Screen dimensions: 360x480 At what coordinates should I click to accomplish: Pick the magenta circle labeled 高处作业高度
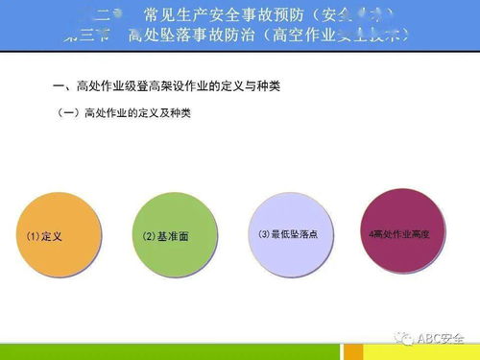(x=406, y=233)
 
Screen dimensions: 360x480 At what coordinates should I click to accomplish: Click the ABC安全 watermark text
(x=441, y=338)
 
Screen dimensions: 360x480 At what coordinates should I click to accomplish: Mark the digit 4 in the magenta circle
(x=372, y=233)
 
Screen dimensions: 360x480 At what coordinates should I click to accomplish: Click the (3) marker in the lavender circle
(x=264, y=233)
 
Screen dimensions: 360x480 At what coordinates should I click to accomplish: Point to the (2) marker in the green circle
(x=149, y=236)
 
